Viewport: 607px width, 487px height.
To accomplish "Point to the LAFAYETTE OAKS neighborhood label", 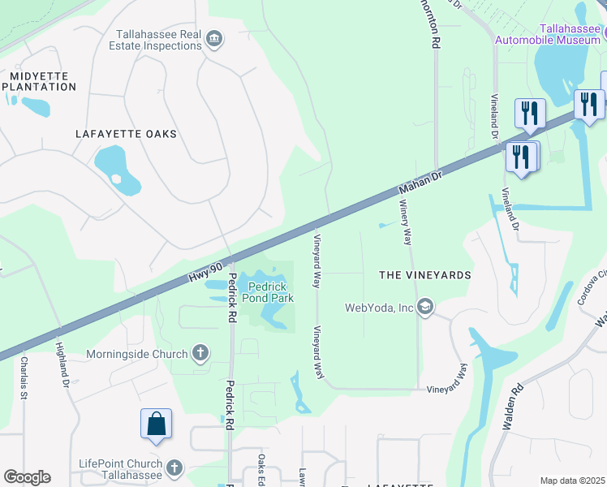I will click(x=126, y=134).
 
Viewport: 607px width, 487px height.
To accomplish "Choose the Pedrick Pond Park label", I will click(x=270, y=292).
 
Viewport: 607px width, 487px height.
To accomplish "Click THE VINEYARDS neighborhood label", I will click(x=425, y=275).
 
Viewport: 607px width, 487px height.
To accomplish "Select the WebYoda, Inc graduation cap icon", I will click(x=424, y=307).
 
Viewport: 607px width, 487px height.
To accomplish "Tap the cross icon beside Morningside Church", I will click(x=200, y=353).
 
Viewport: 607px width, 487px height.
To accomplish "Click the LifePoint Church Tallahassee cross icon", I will click(x=174, y=468).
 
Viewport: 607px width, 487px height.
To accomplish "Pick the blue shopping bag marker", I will click(x=156, y=424).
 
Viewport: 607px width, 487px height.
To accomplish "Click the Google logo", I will click(x=27, y=477).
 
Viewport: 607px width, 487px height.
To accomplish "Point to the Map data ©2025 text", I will click(x=572, y=481).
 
